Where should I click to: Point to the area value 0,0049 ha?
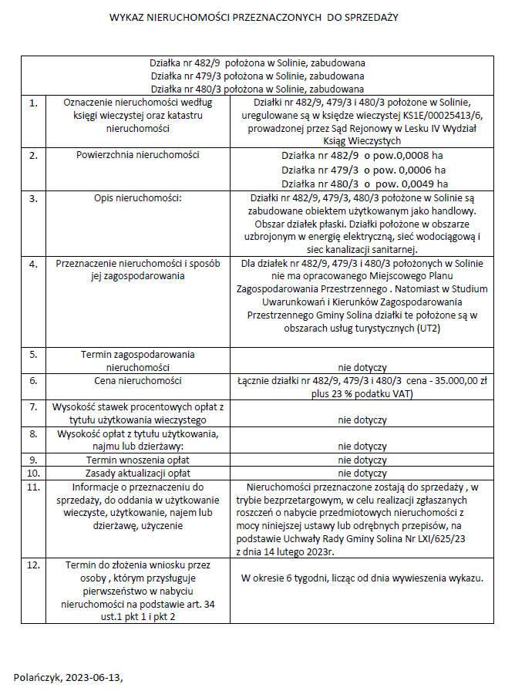pyautogui.click(x=416, y=184)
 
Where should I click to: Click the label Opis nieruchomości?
pyautogui.click(x=137, y=198)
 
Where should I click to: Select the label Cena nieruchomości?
pyautogui.click(x=137, y=381)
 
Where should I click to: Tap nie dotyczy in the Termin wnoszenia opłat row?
pyautogui.click(x=362, y=460)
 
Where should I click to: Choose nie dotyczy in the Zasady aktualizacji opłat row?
pyautogui.click(x=362, y=473)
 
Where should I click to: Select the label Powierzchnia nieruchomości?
pyautogui.click(x=137, y=155)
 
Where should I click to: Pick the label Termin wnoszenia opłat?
pyautogui.click(x=137, y=460)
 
